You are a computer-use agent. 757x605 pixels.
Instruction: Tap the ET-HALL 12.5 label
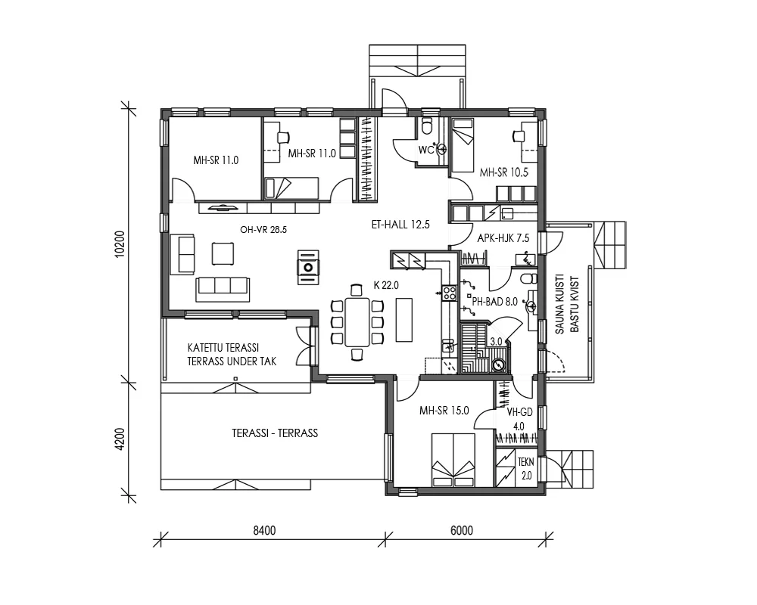click(x=400, y=224)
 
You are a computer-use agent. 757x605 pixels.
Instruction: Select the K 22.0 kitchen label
click(x=386, y=285)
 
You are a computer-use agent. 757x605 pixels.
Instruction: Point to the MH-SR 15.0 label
click(x=444, y=411)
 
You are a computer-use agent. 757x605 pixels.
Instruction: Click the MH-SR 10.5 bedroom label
click(x=503, y=172)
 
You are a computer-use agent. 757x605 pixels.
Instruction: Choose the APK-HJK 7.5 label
click(x=503, y=238)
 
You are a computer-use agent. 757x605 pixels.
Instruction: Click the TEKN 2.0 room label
click(x=526, y=468)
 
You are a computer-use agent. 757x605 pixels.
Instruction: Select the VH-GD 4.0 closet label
click(x=519, y=418)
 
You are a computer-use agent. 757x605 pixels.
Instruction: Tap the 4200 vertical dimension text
click(x=120, y=438)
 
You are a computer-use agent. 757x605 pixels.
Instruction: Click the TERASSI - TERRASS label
click(x=274, y=433)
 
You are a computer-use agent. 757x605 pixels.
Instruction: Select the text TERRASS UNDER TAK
click(x=232, y=361)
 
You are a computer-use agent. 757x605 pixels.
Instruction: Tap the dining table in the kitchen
click(x=357, y=321)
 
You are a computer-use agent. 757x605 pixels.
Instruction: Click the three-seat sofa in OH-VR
click(x=223, y=285)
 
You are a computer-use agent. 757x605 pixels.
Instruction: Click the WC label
click(x=425, y=150)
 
